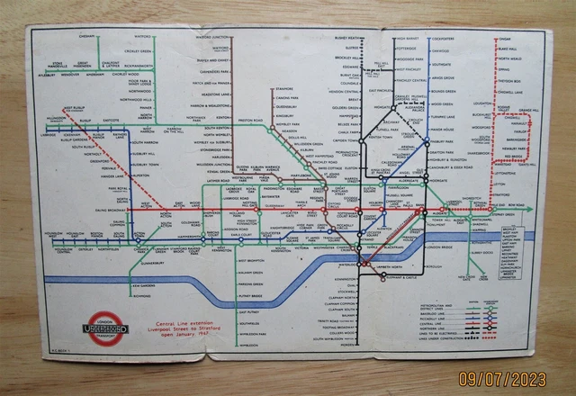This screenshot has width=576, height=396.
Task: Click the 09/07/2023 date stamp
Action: coord(513,380)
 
